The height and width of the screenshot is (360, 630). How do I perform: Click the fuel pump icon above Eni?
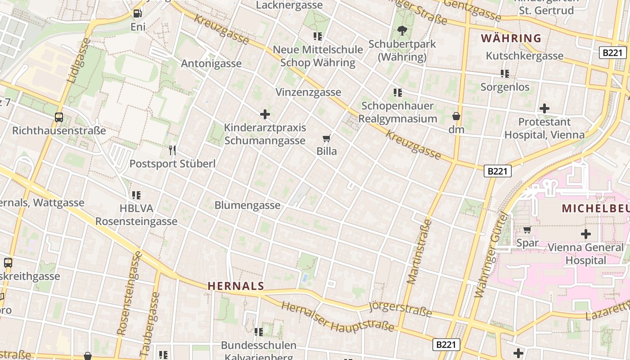click(138, 13)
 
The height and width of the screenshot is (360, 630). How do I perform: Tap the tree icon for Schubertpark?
click(402, 31)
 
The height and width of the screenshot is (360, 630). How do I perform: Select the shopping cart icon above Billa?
click(327, 138)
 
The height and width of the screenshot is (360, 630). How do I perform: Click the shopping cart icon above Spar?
click(527, 229)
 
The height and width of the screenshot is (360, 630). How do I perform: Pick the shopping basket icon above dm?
click(456, 116)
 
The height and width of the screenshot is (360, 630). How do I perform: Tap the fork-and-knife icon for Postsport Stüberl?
click(172, 150)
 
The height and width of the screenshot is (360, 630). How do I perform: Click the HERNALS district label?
click(235, 286)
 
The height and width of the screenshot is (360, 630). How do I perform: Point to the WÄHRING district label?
click(511, 38)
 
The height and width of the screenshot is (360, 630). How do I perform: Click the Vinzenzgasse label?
click(308, 92)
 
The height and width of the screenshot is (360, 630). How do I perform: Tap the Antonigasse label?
click(211, 63)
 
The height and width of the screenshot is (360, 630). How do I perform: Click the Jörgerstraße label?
click(400, 309)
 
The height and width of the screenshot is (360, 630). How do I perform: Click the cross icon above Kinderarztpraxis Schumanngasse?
click(265, 114)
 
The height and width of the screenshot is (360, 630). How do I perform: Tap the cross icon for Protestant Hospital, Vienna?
click(544, 108)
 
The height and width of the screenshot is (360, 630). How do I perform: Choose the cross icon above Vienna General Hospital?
click(585, 234)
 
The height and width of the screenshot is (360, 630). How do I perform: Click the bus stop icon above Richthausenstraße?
click(59, 117)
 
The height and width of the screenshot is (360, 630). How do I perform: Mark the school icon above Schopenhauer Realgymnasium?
click(397, 93)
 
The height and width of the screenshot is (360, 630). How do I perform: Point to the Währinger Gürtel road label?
click(491, 255)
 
